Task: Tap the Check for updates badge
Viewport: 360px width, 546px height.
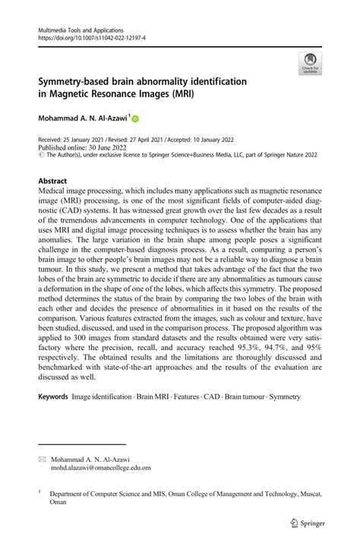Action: point(309,65)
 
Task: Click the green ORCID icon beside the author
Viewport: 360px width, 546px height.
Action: point(135,118)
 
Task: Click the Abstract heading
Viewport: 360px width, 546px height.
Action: point(53,181)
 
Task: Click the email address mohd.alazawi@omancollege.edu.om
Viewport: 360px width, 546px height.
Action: point(101,469)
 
